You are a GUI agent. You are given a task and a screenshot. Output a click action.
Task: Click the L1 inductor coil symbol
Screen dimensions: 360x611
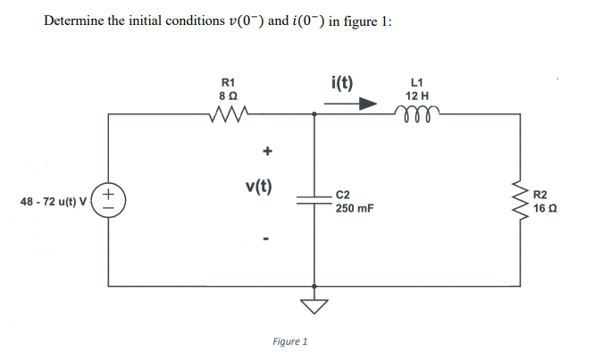(x=417, y=111)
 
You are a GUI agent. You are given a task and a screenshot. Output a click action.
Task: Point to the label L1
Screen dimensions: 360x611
(x=417, y=81)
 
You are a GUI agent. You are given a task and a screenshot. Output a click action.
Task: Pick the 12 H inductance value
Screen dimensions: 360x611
(x=417, y=94)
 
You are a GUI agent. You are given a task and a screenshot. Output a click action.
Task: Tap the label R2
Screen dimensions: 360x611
(x=542, y=194)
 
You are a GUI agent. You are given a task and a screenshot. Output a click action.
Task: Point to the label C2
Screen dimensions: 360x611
(x=345, y=194)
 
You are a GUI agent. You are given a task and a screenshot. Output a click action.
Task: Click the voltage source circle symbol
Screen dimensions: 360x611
(x=108, y=200)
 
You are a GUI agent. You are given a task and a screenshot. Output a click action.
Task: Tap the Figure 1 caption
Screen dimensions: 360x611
(x=289, y=341)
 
